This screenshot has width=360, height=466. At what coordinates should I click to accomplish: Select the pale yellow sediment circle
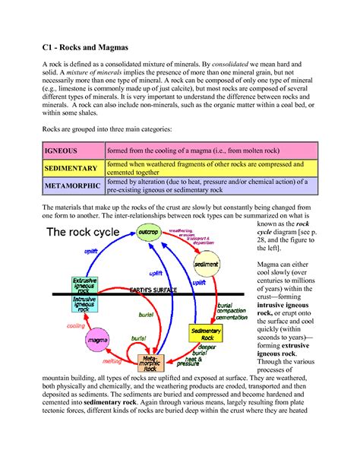click(x=206, y=264)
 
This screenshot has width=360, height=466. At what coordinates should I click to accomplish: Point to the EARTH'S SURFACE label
click(x=153, y=290)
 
